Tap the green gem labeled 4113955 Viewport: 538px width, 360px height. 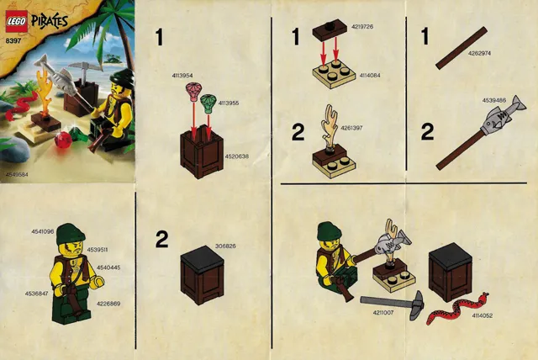point(208,105)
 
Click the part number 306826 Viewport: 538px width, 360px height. point(225,246)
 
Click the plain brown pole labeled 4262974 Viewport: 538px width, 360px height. point(462,48)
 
